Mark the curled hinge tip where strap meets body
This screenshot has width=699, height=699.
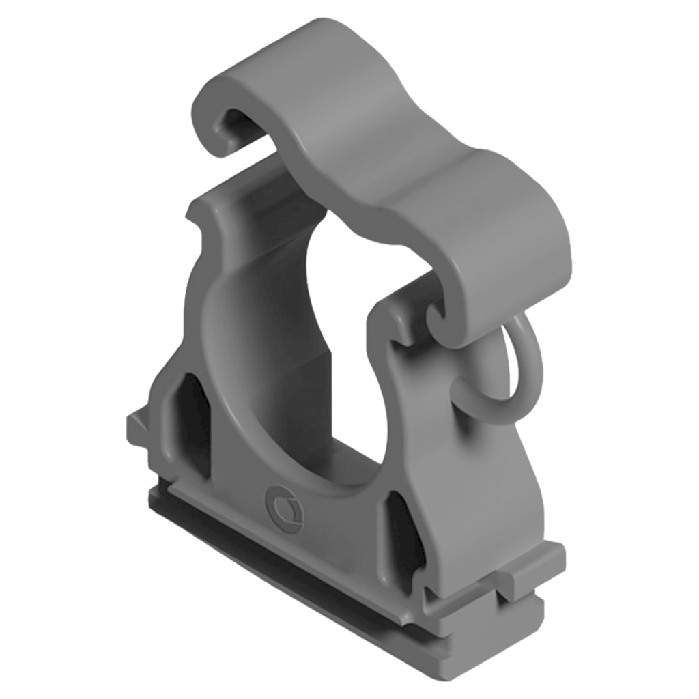437,317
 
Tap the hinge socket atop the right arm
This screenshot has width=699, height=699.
403,321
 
